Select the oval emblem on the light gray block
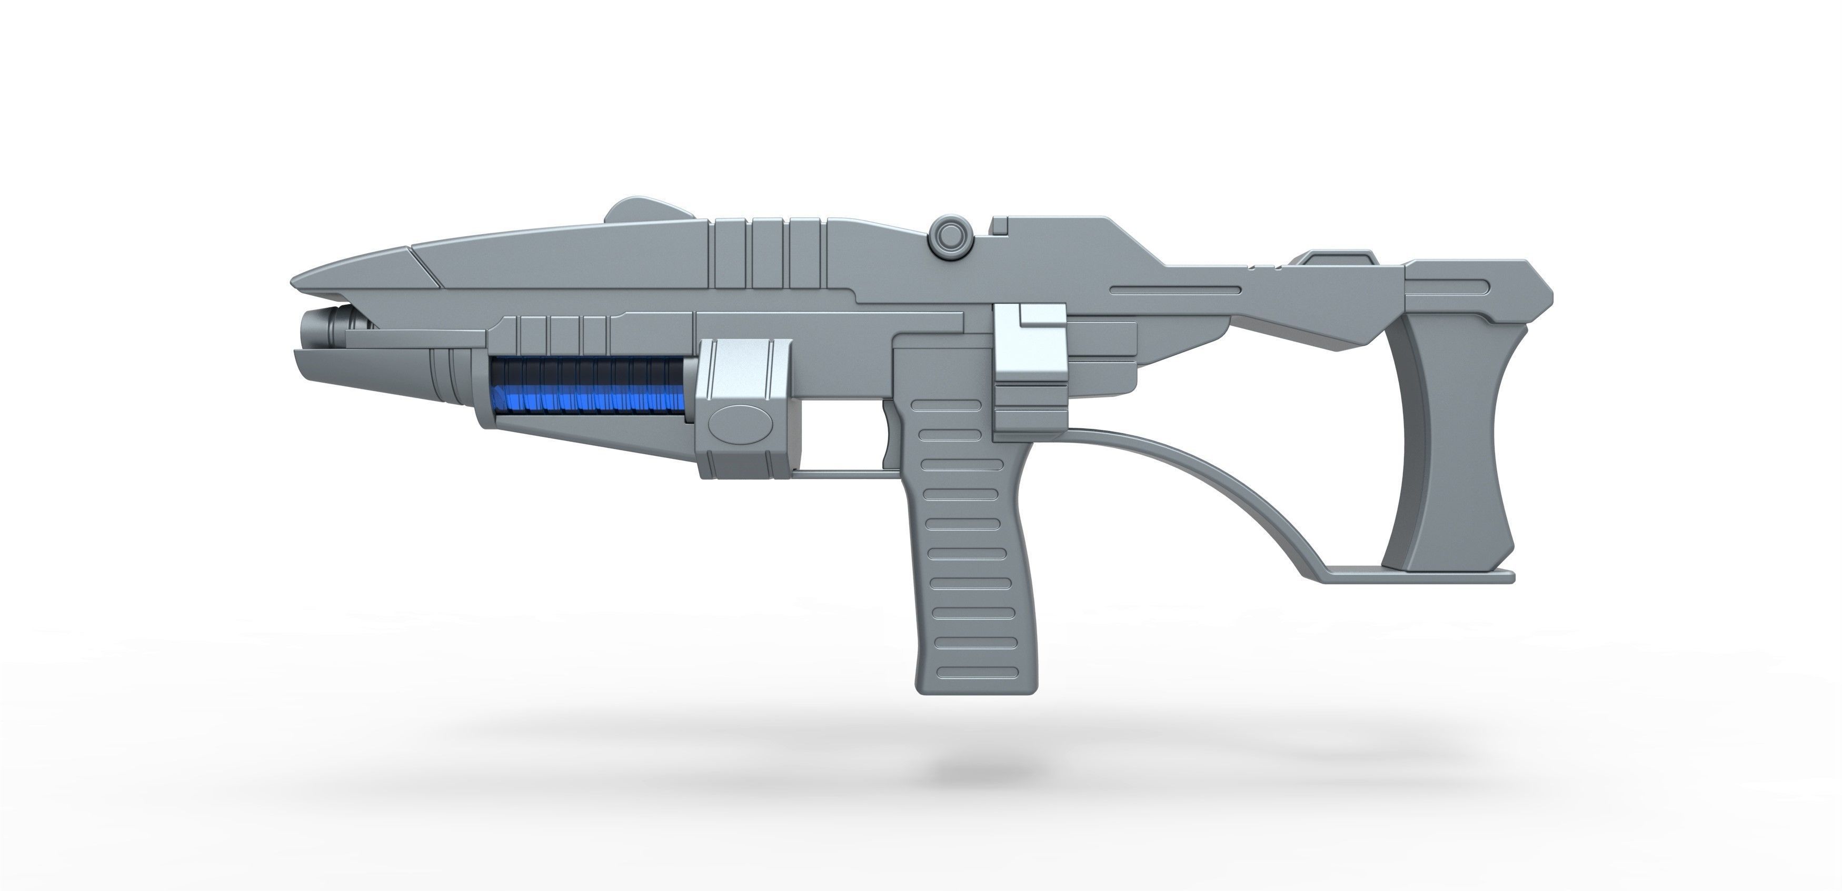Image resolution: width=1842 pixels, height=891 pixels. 740,424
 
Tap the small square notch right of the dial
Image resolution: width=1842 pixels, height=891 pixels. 1000,226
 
